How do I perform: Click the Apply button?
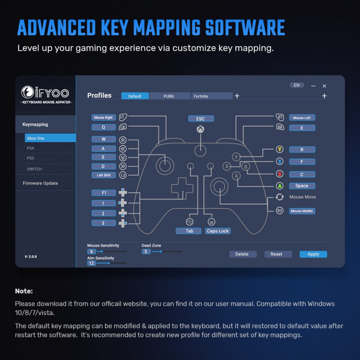coord(313,254)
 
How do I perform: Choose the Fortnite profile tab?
coord(212,96)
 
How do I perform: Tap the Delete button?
coord(243,254)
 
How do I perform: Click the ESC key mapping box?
coord(201,119)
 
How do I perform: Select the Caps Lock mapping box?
coord(218,231)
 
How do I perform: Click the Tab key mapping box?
coord(188,231)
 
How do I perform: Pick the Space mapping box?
coord(302,186)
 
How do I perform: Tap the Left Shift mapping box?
coord(104,175)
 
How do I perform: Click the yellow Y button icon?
coord(279,149)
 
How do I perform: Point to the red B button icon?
coord(279,174)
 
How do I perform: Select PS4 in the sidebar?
coord(30,148)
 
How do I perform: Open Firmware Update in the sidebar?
coord(40,183)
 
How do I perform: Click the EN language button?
coord(297,85)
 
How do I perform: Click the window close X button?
coord(324,86)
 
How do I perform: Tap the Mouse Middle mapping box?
coord(302,211)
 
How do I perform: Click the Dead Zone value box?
coord(146,252)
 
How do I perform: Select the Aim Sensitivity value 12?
coord(91,263)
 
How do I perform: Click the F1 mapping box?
coord(104,193)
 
